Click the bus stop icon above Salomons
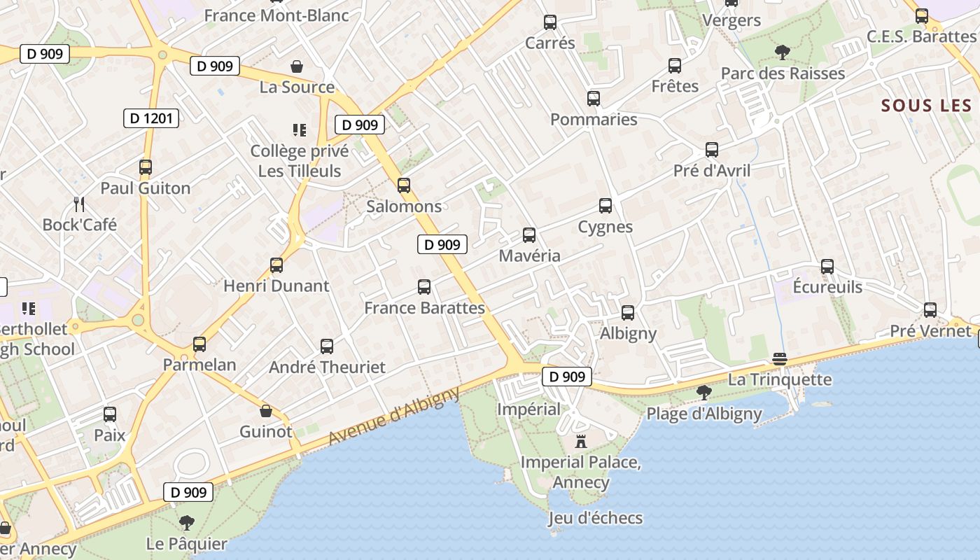click(404, 185)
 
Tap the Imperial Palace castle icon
click(580, 442)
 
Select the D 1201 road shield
click(150, 118)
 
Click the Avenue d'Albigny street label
click(394, 416)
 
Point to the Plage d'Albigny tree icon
click(704, 393)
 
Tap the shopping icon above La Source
click(297, 66)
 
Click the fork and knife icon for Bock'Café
click(79, 204)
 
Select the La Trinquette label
click(780, 380)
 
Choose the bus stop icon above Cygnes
click(605, 206)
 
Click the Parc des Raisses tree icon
click(782, 52)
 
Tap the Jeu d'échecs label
click(595, 518)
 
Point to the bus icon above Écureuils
click(827, 267)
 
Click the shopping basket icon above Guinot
click(266, 411)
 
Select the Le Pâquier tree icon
click(186, 522)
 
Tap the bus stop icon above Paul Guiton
click(146, 167)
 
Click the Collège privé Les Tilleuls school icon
click(300, 130)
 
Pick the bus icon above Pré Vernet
click(930, 310)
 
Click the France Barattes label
click(424, 308)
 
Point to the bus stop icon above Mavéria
click(529, 235)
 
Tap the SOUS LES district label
click(927, 106)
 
